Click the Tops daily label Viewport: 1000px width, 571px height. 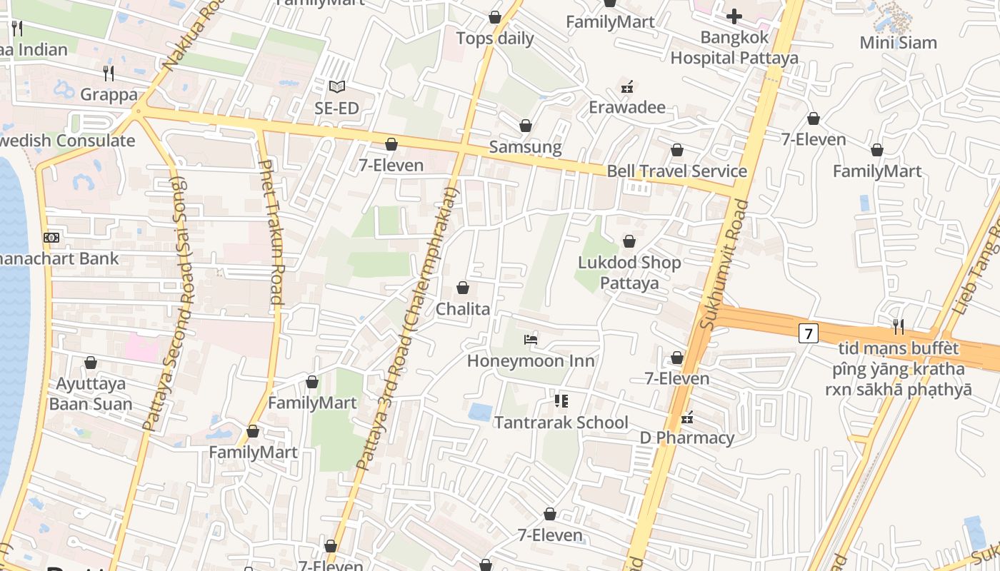495,39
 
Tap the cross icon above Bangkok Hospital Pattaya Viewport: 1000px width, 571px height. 734,16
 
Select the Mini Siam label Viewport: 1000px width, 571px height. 898,43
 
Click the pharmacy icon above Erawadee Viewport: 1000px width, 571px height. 627,87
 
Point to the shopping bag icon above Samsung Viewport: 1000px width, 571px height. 526,126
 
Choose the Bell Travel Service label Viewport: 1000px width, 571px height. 676,171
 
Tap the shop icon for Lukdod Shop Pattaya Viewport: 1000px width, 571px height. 629,242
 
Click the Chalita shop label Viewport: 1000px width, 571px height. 463,309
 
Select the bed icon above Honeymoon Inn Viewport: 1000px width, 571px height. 531,340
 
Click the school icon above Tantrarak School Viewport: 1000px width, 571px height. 561,401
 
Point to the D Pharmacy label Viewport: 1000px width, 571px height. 686,438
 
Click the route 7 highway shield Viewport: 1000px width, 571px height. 808,333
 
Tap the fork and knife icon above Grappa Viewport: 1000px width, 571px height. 109,73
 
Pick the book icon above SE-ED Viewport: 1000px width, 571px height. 337,87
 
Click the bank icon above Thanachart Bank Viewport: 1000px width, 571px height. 51,238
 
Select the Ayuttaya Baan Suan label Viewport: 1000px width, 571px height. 91,394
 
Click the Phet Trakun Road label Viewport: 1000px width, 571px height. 271,232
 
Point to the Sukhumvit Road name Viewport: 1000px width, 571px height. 724,264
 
